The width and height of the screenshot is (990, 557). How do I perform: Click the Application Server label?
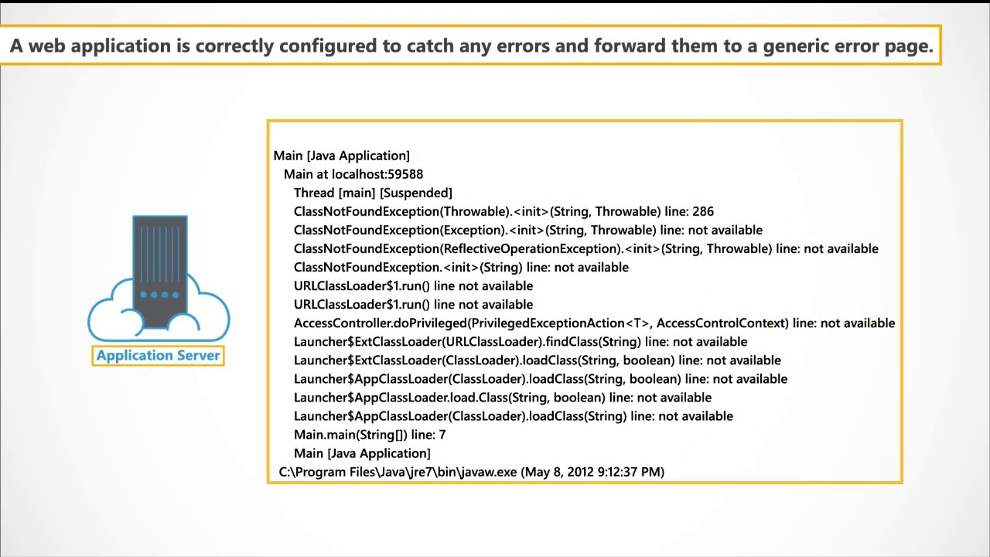(x=159, y=356)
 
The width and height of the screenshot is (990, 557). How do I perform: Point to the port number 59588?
(x=405, y=174)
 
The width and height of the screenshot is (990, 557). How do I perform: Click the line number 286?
(x=703, y=211)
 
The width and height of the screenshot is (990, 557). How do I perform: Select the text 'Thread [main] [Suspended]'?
(x=373, y=193)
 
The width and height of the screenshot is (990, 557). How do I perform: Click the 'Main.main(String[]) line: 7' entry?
(x=370, y=435)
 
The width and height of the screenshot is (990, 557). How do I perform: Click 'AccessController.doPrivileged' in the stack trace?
(x=380, y=323)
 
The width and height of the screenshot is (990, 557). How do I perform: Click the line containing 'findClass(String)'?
(x=520, y=342)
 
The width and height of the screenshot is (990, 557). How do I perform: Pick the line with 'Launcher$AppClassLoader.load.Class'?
(x=502, y=398)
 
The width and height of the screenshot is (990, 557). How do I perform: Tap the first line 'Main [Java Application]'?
(x=341, y=155)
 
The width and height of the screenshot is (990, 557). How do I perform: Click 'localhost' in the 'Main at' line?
(x=359, y=174)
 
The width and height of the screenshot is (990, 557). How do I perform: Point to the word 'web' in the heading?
(x=46, y=46)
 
